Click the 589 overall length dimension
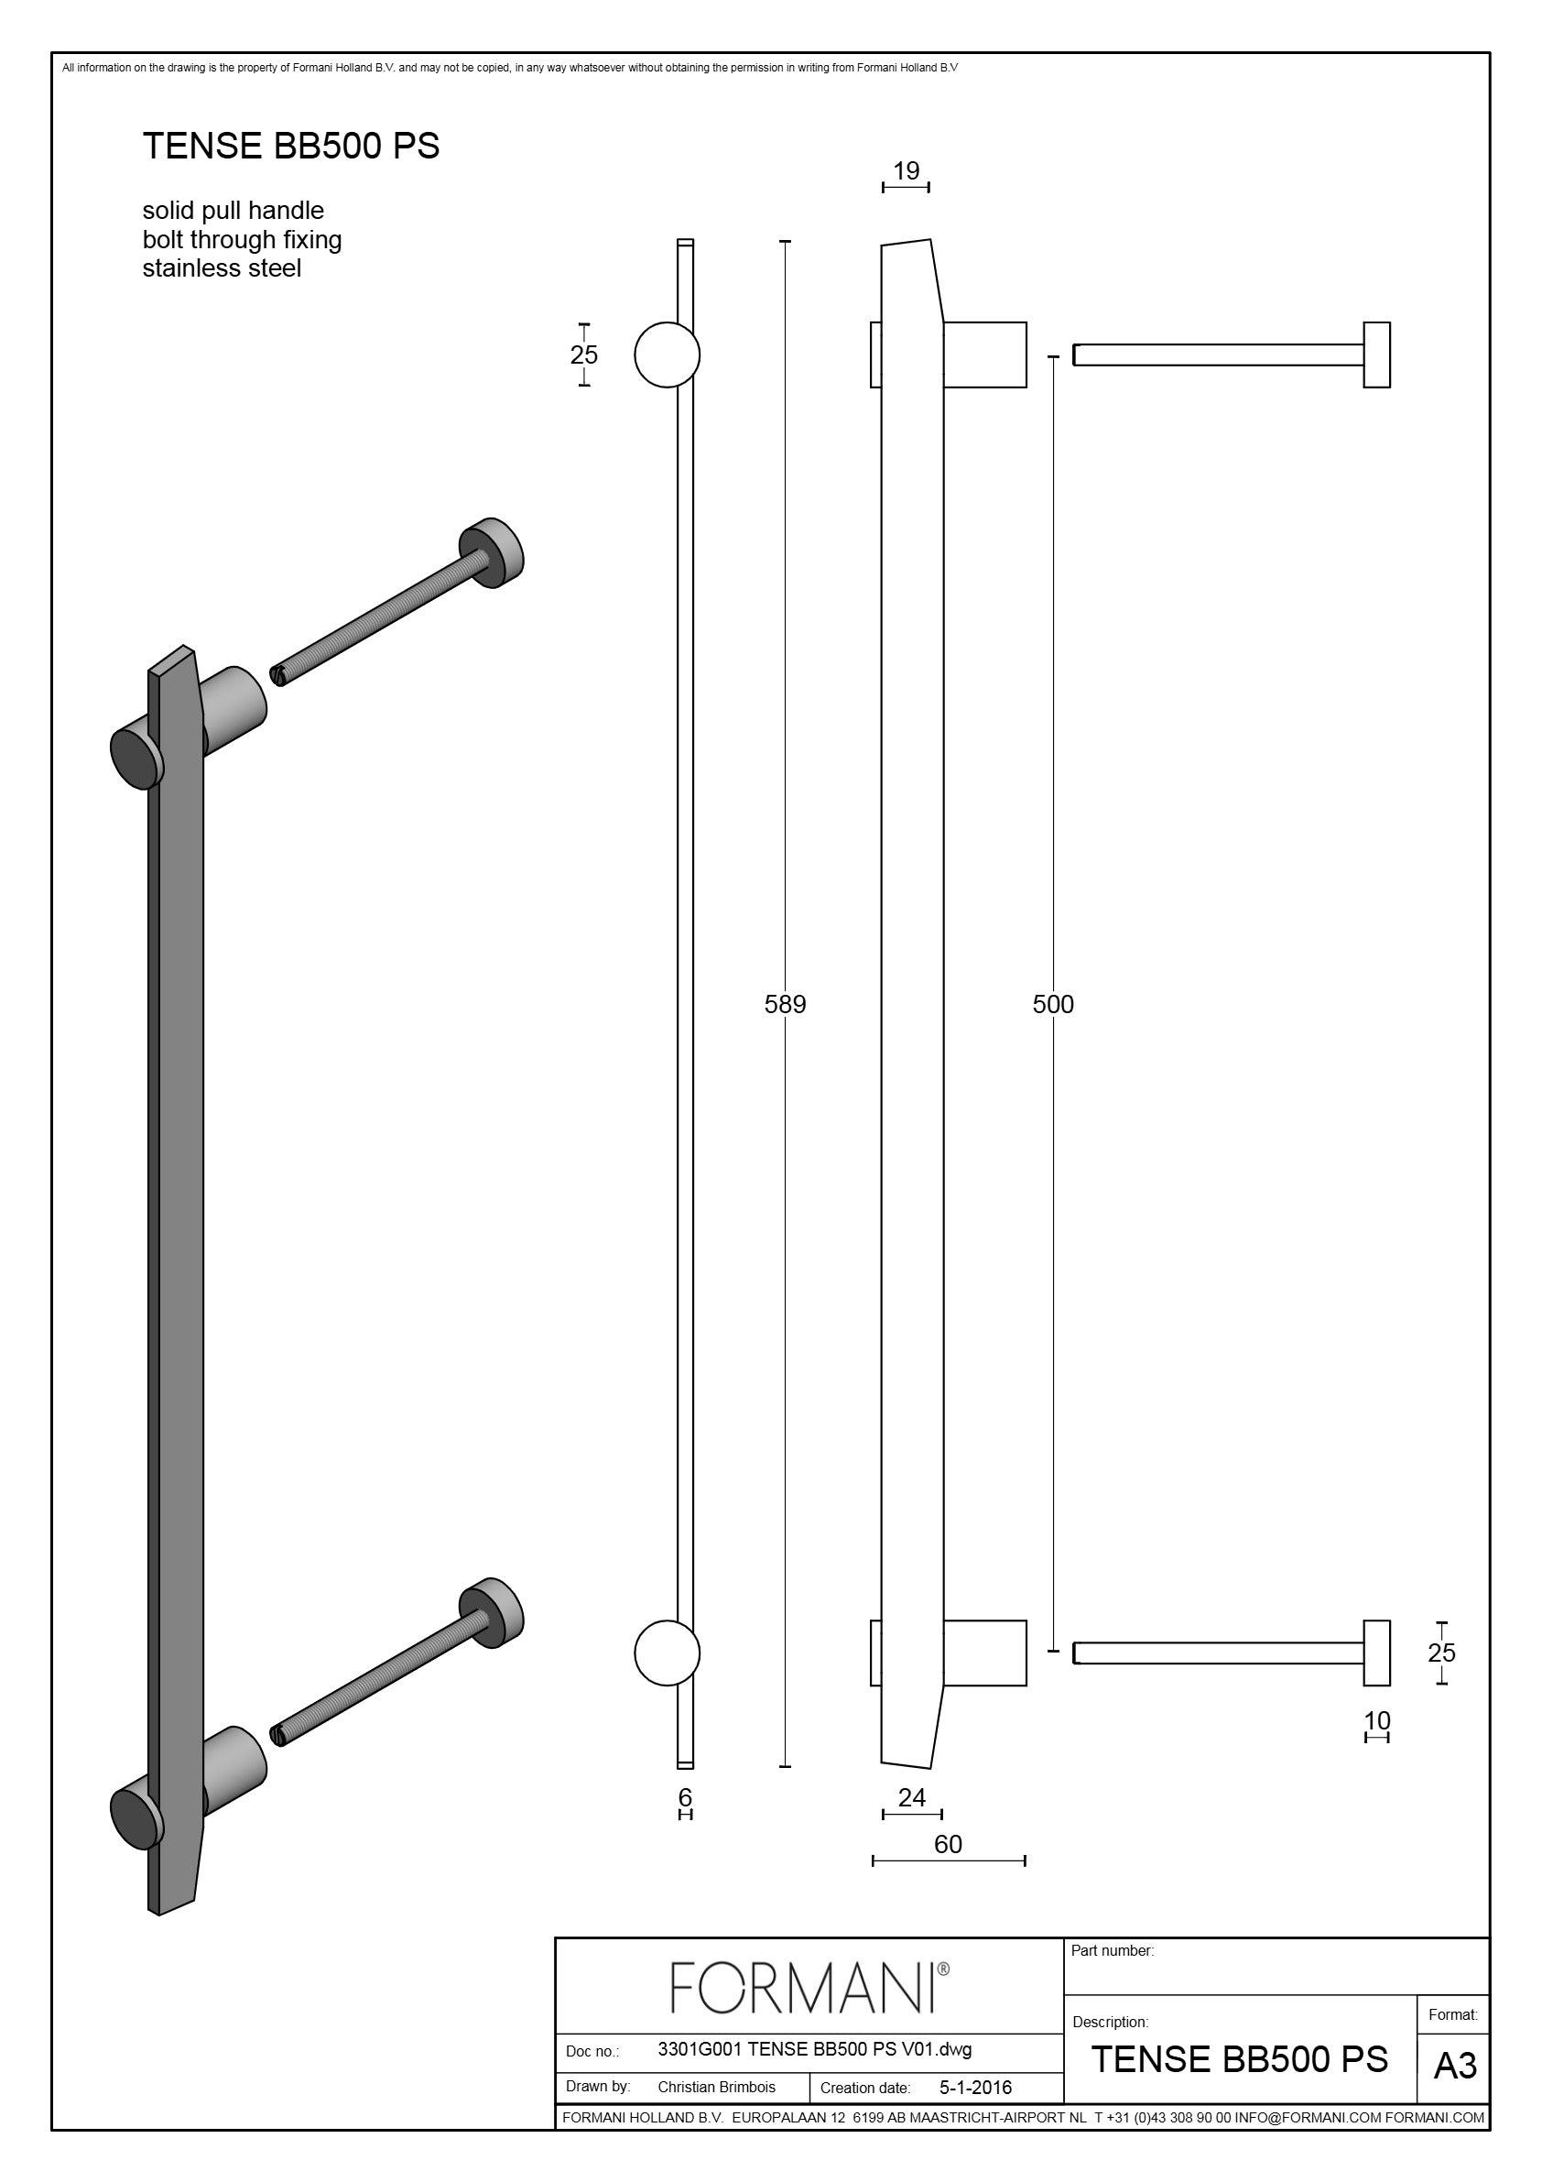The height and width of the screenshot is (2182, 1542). (785, 1004)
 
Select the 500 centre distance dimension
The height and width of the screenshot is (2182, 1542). (1053, 1004)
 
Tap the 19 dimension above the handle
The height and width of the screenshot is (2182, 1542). (907, 170)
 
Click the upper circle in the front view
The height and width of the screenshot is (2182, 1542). (667, 355)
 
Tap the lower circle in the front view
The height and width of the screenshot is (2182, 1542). (667, 1653)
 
